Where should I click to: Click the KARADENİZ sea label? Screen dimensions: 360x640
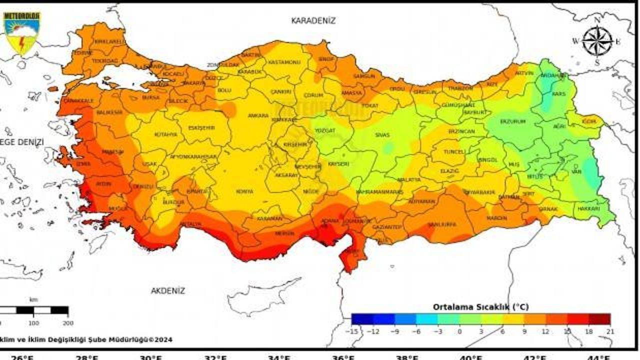[313, 20]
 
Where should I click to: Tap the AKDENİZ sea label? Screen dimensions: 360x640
[168, 290]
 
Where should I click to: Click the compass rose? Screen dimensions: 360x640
[597, 41]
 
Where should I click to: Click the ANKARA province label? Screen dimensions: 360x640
[258, 115]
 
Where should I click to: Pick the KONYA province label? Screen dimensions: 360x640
[244, 191]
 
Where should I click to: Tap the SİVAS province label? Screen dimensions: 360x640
[382, 135]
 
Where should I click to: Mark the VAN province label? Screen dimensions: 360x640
[576, 172]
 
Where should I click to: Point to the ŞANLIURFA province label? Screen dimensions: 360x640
[442, 224]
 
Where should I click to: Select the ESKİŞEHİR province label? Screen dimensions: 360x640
[201, 127]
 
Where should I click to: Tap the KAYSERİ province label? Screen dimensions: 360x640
[338, 164]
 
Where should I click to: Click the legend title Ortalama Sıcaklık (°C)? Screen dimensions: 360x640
[480, 306]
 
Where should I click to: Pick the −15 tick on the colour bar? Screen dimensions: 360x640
[353, 331]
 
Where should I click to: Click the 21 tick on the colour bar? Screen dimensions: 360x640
[609, 331]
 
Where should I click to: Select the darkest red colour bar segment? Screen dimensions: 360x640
[599, 319]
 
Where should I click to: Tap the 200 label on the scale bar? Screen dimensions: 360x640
[67, 322]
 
